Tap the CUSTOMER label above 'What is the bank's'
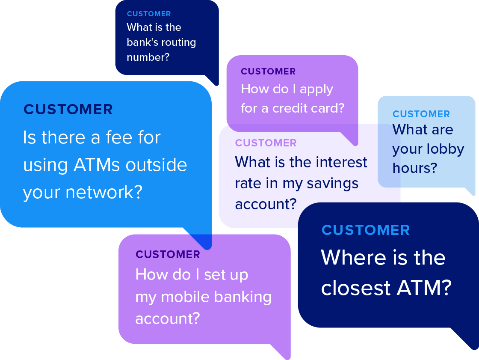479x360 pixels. pos(149,14)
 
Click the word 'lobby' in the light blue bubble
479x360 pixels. pos(446,149)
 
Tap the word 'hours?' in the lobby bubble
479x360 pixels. pos(415,168)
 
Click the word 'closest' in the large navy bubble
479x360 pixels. pos(357,288)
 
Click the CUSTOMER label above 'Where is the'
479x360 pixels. pos(366,230)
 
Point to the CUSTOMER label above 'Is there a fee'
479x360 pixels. pos(68,110)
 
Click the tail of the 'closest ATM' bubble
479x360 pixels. pos(468,340)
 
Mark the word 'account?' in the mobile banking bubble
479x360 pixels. pos(167,319)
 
